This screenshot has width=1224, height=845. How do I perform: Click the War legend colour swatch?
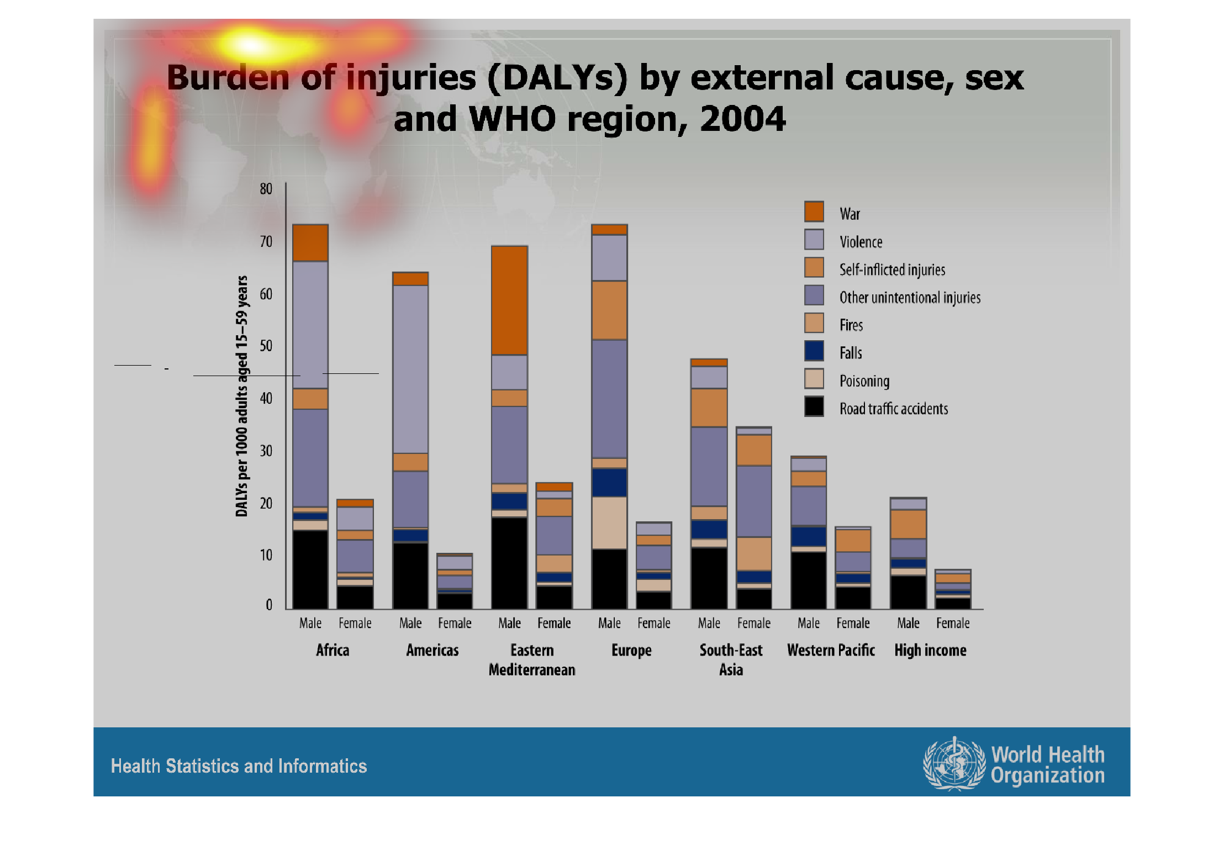click(x=814, y=212)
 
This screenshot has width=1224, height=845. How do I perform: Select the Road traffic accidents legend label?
click(x=893, y=409)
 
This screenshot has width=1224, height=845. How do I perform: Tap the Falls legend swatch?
click(x=814, y=351)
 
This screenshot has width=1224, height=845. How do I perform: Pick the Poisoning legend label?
click(x=864, y=381)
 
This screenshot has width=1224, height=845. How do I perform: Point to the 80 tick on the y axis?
click(x=266, y=189)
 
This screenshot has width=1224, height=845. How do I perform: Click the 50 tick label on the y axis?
click(x=266, y=346)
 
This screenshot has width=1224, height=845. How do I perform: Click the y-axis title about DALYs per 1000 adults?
click(x=242, y=396)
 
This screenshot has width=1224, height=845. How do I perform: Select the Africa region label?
click(x=333, y=650)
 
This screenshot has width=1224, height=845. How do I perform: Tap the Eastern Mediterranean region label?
click(x=532, y=659)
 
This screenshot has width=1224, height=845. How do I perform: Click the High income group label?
click(x=930, y=650)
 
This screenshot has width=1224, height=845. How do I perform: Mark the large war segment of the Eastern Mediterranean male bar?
click(x=509, y=300)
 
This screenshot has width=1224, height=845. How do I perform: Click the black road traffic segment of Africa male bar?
click(x=310, y=569)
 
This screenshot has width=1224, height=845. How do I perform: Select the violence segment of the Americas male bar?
click(x=410, y=369)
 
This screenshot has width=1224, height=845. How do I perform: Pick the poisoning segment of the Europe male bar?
click(x=609, y=522)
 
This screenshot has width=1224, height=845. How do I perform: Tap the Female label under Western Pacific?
click(x=853, y=623)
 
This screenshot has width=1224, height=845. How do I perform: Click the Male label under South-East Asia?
click(x=709, y=623)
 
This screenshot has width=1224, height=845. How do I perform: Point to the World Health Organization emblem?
click(x=954, y=764)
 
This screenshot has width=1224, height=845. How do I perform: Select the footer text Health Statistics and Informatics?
click(x=239, y=766)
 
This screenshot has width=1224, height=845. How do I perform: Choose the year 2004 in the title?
click(x=742, y=119)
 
